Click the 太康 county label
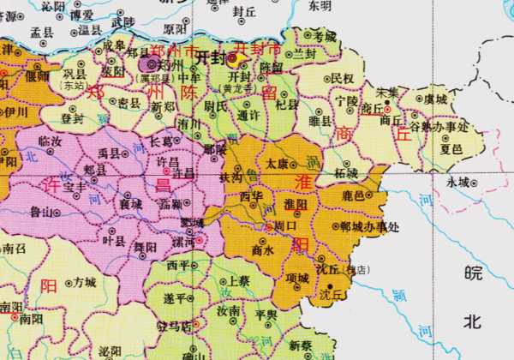coord(277,161)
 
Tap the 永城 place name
coord(458,182)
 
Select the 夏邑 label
coord(451,147)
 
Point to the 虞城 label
coord(435,99)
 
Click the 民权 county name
coord(343,79)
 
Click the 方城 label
coord(84,281)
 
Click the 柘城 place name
coord(346,172)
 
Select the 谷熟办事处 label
coord(439,126)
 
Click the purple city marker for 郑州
coord(152,64)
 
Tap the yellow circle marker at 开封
coord(232,57)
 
